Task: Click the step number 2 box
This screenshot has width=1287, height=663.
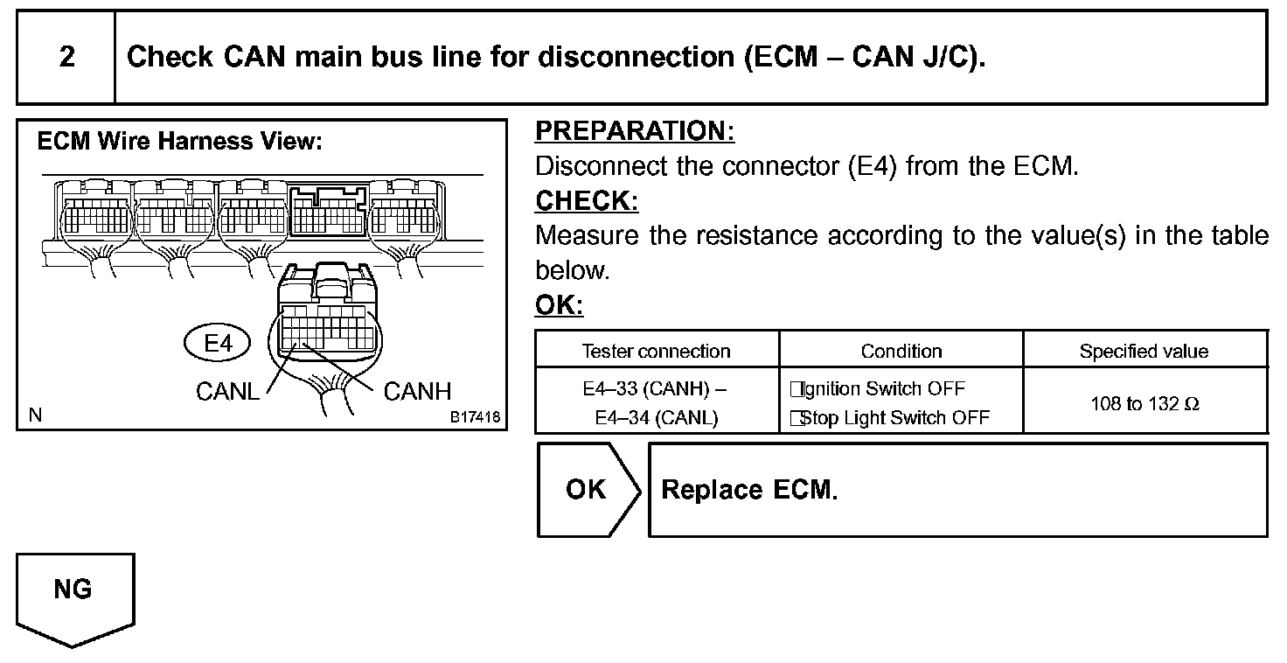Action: (66, 58)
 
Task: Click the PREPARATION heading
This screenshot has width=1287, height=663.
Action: (634, 131)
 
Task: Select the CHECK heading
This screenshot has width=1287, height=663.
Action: (586, 201)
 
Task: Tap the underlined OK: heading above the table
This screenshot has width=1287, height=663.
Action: (559, 306)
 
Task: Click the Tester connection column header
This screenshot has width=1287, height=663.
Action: (656, 352)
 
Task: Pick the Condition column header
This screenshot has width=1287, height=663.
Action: (901, 352)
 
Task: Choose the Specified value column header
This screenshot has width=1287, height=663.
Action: (1144, 352)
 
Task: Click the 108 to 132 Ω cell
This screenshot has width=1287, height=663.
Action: (1144, 404)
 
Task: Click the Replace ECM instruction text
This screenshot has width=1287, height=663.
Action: (749, 490)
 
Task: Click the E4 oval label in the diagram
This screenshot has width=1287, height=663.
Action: (217, 344)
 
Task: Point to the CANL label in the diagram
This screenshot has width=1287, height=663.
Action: (227, 392)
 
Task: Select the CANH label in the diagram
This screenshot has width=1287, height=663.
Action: (417, 392)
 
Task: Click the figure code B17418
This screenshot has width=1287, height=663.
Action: (475, 417)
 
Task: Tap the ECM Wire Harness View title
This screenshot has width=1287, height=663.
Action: (179, 142)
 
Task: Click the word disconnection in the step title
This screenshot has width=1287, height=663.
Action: (636, 58)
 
